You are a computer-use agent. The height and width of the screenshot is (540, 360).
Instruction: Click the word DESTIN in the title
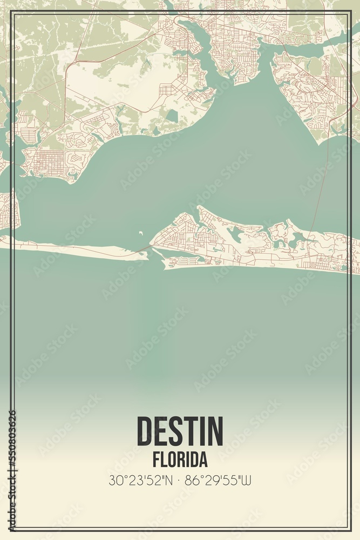[180, 431]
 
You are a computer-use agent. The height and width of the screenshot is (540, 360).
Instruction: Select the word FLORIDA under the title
[180, 460]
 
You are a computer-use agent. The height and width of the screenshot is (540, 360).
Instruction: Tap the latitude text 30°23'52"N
[141, 480]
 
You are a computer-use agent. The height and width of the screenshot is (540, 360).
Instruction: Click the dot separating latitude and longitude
[179, 480]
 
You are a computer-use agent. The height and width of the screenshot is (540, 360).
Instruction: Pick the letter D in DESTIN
[145, 431]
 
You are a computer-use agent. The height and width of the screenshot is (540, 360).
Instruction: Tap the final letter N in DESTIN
[214, 431]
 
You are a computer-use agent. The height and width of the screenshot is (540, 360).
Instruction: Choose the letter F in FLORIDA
[155, 460]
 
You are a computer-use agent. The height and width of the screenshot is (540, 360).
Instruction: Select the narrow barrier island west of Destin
[76, 249]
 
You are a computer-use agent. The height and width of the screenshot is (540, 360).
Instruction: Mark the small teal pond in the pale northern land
[172, 115]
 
